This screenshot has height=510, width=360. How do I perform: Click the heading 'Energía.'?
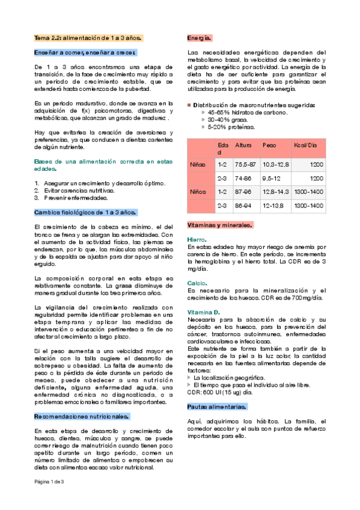tap(199, 38)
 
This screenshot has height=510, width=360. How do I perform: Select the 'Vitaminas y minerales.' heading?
tap(219, 225)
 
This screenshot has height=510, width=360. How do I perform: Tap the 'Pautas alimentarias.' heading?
tap(216, 390)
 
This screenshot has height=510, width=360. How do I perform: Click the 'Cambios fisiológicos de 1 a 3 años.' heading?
tap(85, 212)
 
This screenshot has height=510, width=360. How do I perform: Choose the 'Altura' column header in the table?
tap(243, 146)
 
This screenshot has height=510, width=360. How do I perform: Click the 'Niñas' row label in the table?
tap(198, 164)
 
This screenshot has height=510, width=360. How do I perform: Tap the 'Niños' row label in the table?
tap(198, 192)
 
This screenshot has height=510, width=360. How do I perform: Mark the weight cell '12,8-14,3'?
tap(276, 192)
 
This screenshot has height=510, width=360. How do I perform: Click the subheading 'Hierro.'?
tap(197, 239)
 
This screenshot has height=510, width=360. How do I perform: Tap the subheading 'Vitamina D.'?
tap(204, 313)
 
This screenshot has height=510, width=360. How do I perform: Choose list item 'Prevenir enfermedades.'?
tap(75, 198)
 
